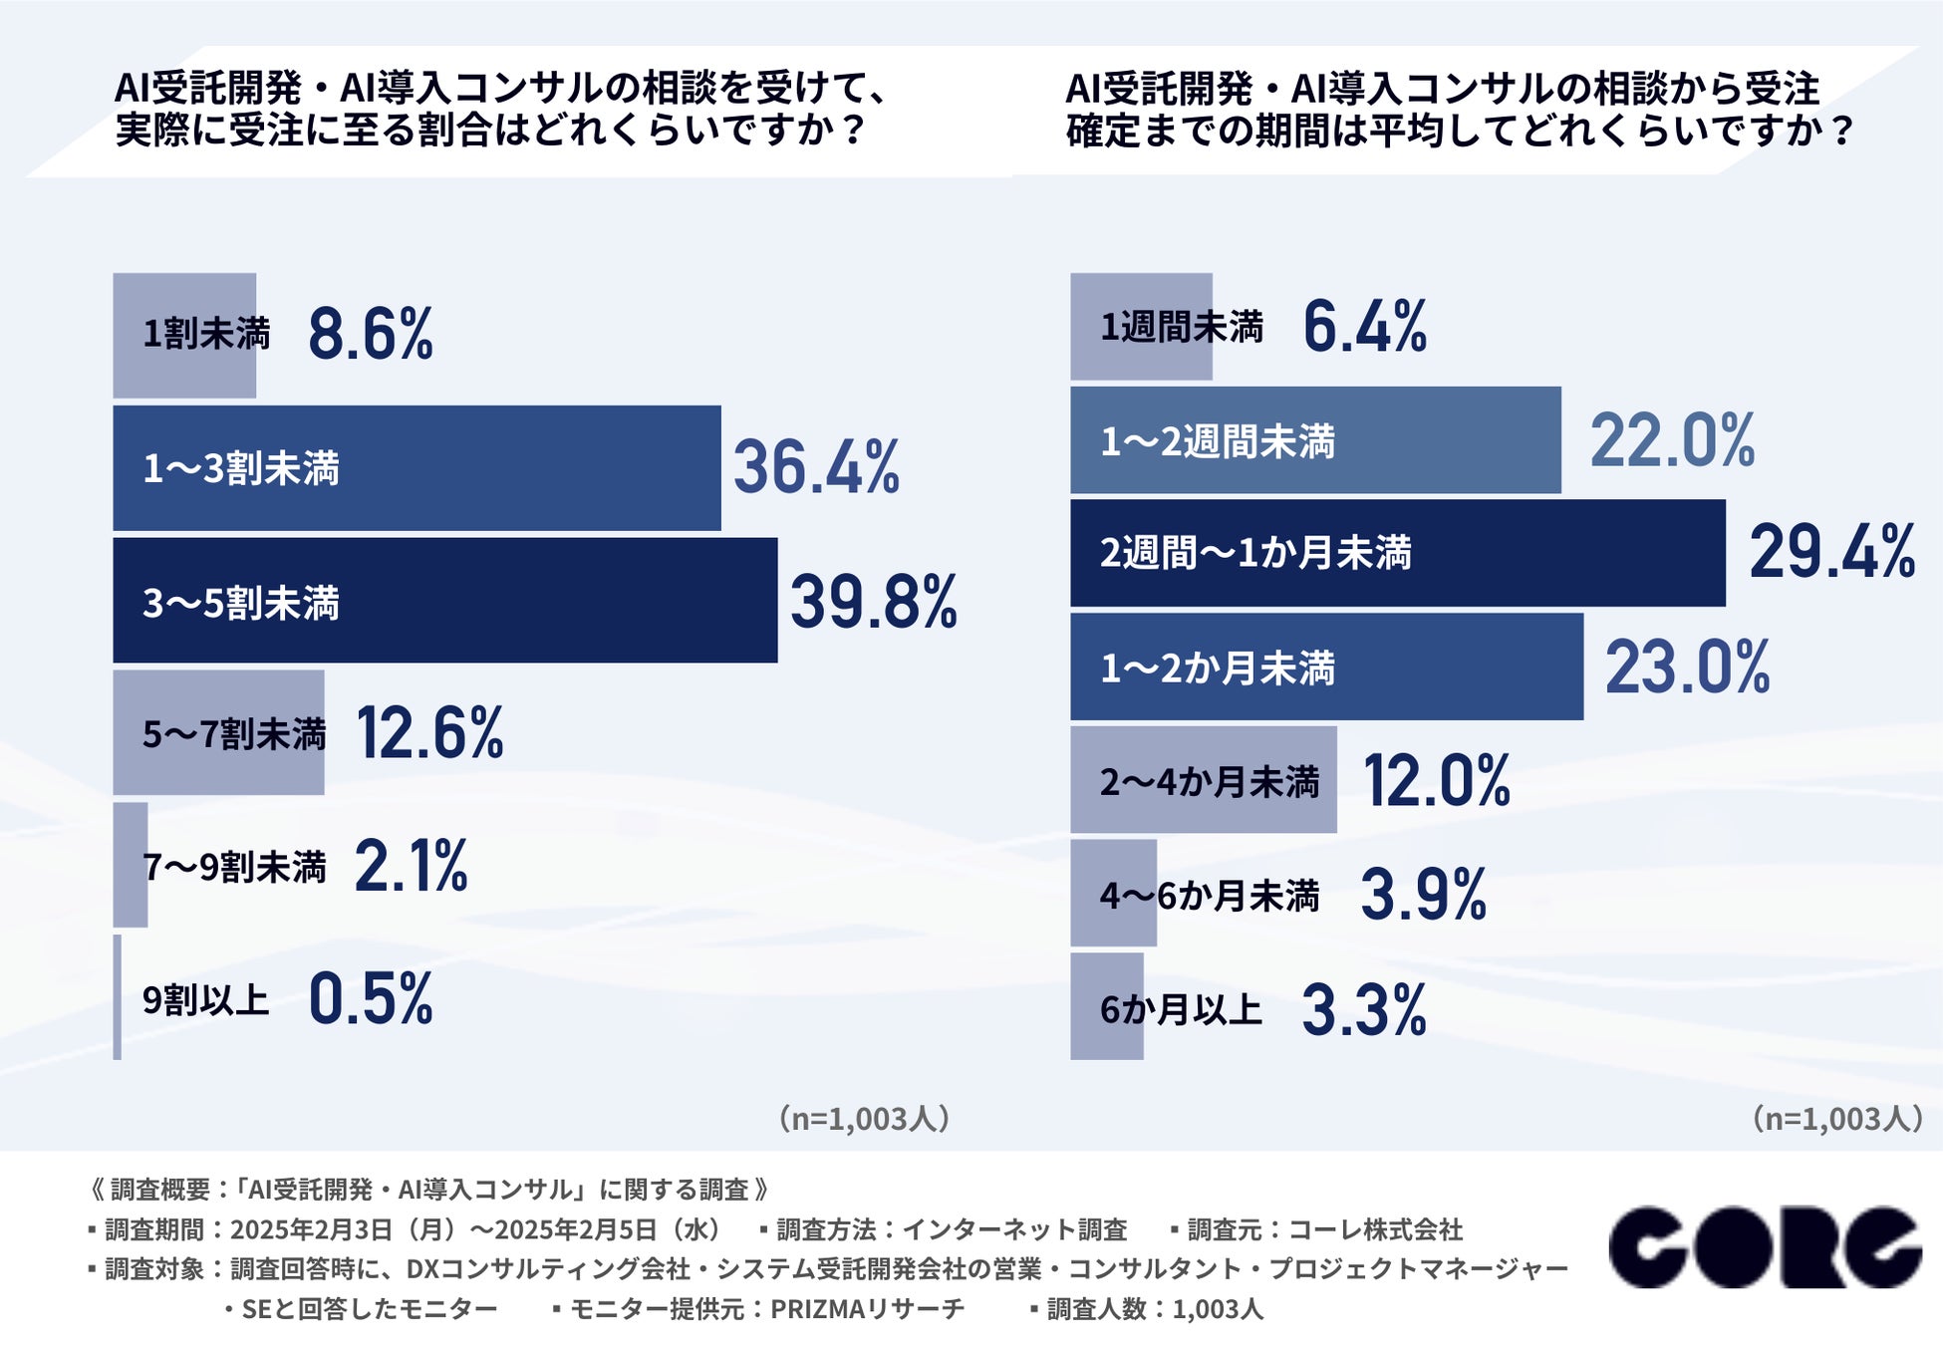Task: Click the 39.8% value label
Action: pos(873,602)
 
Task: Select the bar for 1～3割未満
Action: pos(416,467)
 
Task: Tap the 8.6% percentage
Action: pos(371,334)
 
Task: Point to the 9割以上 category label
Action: pos(205,999)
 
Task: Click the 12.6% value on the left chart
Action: pos(429,733)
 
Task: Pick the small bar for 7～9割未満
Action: pos(131,865)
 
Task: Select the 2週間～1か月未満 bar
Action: pos(1397,553)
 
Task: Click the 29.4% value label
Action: pos(1831,552)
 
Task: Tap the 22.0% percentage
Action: pos(1672,440)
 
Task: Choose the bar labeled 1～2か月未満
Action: pos(1326,667)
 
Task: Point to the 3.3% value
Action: pos(1364,1010)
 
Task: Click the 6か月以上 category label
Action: pos(1181,1009)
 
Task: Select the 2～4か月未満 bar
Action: pos(1203,780)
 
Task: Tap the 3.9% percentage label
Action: pos(1423,895)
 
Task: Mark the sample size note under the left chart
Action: pos(864,1119)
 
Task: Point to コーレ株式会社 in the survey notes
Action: pos(1375,1229)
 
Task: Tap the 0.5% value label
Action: pos(371,998)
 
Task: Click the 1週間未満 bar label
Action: pos(1181,327)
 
